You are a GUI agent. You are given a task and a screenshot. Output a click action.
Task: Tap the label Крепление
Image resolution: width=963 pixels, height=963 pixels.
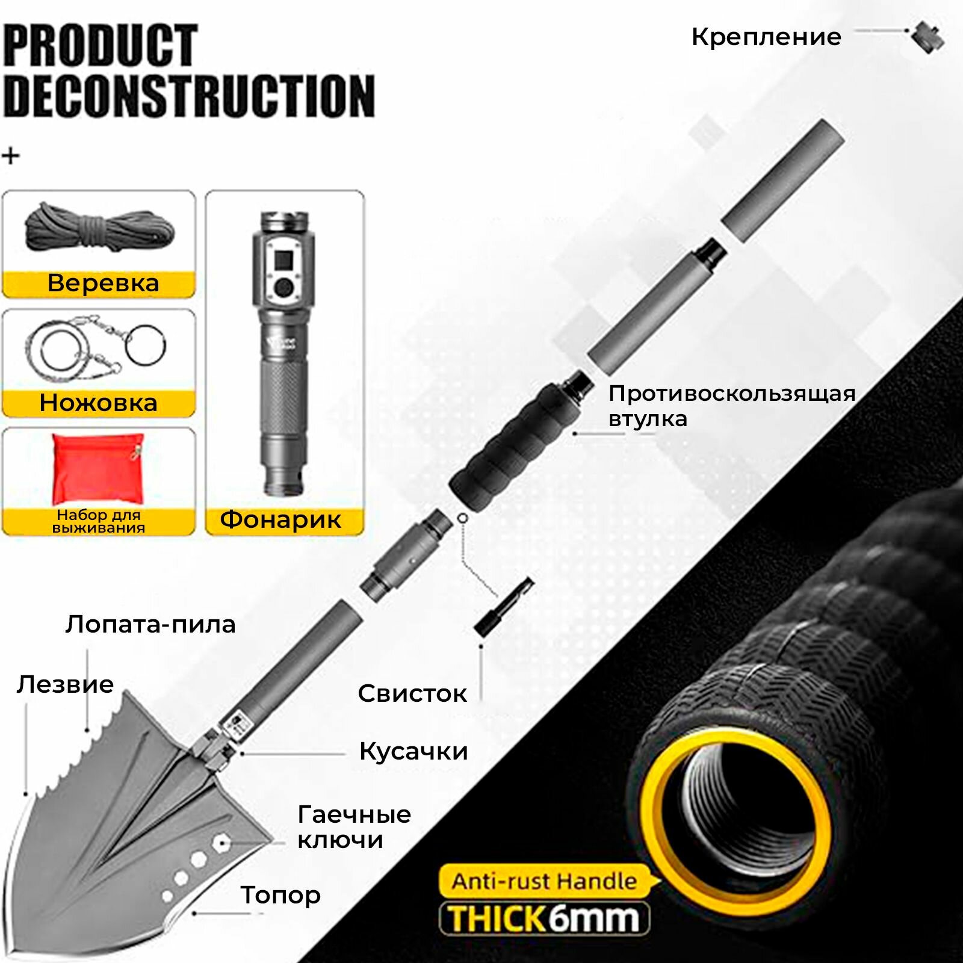click(x=766, y=37)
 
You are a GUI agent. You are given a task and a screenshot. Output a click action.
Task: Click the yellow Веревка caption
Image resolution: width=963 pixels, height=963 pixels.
click(x=99, y=284)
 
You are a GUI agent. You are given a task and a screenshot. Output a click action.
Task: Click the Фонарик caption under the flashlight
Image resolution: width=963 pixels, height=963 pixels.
click(x=281, y=519)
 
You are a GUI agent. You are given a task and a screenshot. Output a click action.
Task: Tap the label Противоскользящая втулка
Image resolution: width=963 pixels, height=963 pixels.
click(x=731, y=406)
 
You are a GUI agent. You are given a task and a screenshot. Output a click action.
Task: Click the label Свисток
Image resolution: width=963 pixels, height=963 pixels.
click(x=412, y=694)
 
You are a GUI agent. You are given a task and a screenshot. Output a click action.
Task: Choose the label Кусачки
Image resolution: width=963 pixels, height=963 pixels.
click(x=413, y=752)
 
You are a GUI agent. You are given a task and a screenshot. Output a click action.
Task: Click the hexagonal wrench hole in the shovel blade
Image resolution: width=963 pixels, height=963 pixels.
click(x=220, y=843)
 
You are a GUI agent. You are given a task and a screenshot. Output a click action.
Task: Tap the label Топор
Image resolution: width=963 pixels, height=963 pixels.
click(x=280, y=895)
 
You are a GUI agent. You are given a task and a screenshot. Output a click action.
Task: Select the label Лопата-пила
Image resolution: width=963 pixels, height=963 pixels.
click(x=150, y=625)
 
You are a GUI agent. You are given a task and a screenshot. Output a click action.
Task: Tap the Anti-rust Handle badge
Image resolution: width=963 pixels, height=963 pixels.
click(x=543, y=882)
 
